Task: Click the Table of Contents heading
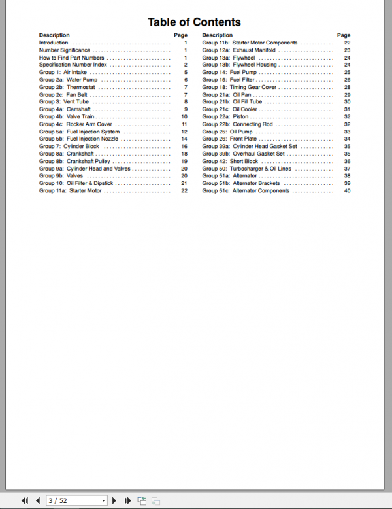click(x=194, y=22)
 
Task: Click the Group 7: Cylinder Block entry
click(x=69, y=147)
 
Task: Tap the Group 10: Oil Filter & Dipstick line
click(x=76, y=183)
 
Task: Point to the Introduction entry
click(x=53, y=43)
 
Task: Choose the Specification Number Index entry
click(x=73, y=65)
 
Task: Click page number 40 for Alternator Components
click(x=348, y=191)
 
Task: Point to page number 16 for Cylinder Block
click(x=184, y=147)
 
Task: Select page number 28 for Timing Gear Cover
click(x=348, y=87)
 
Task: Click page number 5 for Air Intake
click(x=186, y=72)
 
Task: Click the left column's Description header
click(x=54, y=35)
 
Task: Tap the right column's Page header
click(x=344, y=35)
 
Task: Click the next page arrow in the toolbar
click(x=114, y=500)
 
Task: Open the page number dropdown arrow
click(x=103, y=500)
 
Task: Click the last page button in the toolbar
click(x=127, y=500)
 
